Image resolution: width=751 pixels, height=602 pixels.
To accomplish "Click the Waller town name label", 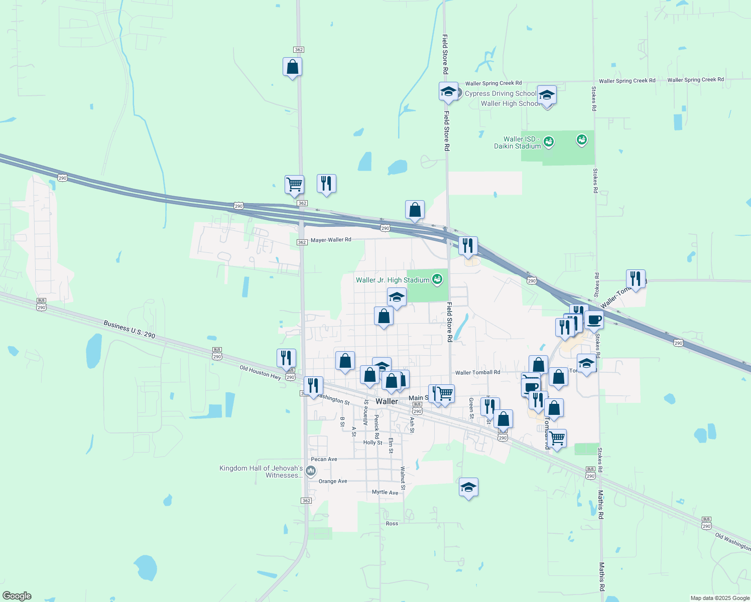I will [387, 401].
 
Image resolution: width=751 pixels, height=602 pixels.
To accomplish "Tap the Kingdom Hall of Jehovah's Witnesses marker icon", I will [311, 471].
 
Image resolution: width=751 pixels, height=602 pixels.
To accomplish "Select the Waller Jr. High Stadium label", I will [393, 280].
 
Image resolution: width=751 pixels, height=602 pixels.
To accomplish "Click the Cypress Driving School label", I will [500, 93].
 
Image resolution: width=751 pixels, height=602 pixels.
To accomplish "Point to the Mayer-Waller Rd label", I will [331, 240].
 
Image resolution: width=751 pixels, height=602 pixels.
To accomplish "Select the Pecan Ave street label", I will [324, 459].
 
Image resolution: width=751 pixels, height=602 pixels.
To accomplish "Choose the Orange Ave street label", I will [333, 481].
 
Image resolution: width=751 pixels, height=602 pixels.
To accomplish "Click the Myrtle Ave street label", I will [385, 492].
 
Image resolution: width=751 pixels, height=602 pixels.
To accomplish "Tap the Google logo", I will [17, 596].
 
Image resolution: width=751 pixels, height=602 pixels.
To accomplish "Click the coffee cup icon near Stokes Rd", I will [594, 320].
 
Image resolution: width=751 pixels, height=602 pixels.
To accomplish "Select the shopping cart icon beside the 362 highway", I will [294, 184].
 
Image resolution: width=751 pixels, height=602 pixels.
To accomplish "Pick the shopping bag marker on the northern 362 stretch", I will [292, 67].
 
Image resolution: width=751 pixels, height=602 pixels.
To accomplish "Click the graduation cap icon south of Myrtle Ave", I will [468, 487].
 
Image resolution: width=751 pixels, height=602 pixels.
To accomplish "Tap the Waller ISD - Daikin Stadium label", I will [517, 142].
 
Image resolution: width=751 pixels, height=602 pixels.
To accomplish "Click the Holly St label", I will [372, 442].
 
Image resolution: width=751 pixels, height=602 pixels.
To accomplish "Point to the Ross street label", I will [392, 523].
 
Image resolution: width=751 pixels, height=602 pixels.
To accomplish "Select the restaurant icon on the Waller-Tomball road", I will [636, 278].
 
